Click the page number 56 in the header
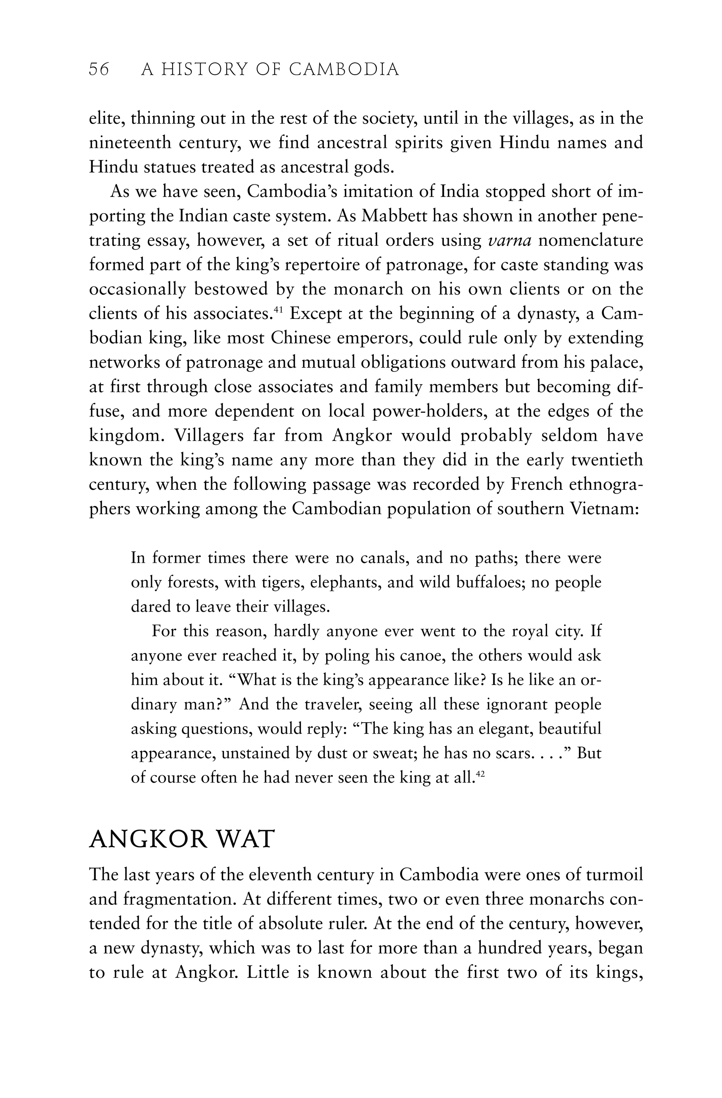[99, 70]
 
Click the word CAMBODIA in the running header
[344, 70]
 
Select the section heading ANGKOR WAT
[182, 839]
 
